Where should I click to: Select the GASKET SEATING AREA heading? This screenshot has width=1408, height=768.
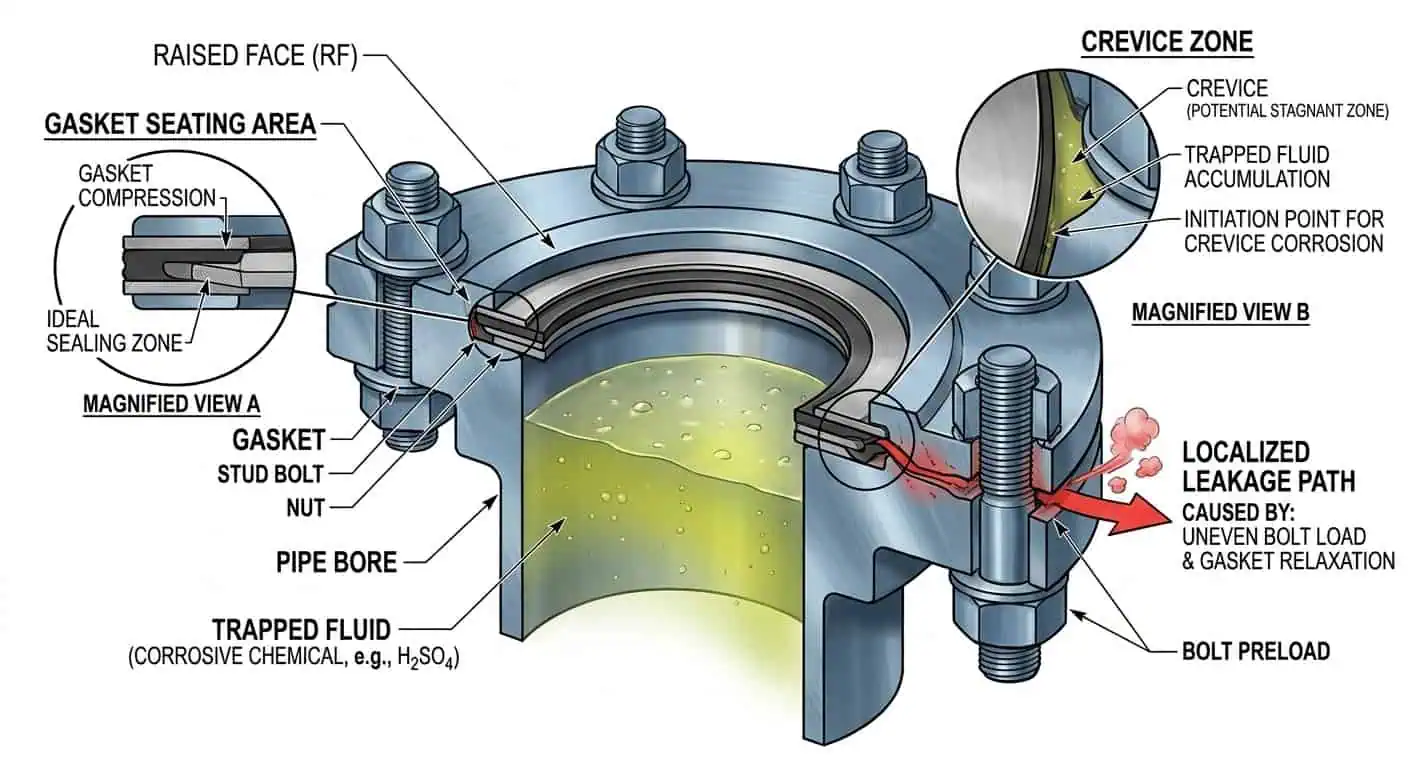[180, 125]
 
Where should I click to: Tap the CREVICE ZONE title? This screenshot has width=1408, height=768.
[1167, 43]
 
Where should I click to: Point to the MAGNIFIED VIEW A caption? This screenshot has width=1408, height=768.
[171, 404]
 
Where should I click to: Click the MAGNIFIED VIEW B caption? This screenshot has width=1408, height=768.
[1220, 312]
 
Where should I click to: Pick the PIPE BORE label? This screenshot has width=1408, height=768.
[336, 561]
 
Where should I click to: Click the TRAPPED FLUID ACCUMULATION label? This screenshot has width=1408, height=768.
[1257, 167]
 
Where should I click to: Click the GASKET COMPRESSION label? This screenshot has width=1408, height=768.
[147, 186]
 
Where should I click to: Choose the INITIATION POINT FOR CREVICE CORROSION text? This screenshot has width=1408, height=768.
[1284, 230]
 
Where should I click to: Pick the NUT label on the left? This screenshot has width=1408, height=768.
[305, 508]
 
